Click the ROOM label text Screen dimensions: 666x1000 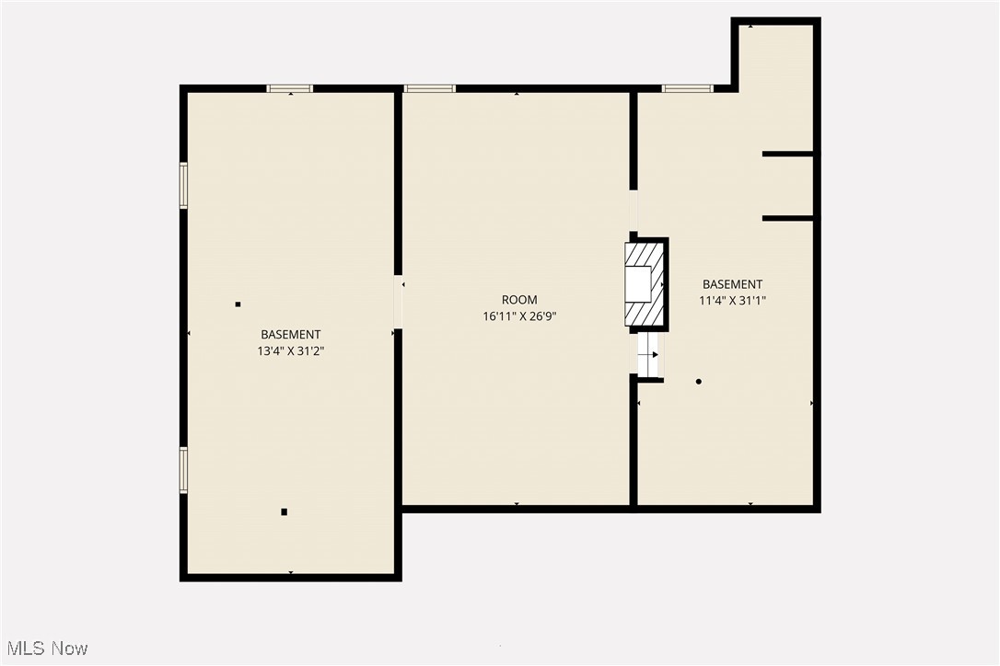point(519,300)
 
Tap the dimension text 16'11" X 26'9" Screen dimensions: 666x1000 point(519,316)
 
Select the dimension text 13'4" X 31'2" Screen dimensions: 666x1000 point(291,350)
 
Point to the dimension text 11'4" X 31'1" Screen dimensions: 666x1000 point(733,300)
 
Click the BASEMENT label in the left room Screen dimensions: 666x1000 point(291,335)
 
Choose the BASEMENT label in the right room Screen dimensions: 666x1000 point(733,284)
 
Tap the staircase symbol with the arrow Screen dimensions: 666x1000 point(649,354)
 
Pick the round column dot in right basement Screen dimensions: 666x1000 point(699,381)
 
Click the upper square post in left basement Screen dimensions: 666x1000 point(238,304)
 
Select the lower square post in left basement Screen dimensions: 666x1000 point(284,511)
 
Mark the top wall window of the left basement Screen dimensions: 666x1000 point(290,88)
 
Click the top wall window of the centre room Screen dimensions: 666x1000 point(429,88)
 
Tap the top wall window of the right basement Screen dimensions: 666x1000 point(687,88)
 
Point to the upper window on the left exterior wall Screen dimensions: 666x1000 point(183,186)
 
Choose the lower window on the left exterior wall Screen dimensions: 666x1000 point(183,470)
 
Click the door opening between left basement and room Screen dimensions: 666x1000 point(398,302)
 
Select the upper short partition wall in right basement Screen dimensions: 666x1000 point(787,154)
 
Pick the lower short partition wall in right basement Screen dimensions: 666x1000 point(787,218)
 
